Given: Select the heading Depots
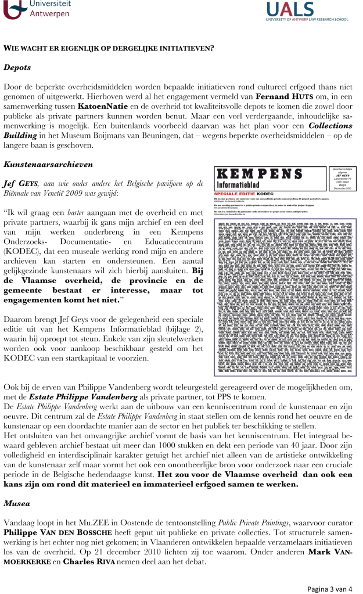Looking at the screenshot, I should [x=17, y=67].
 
